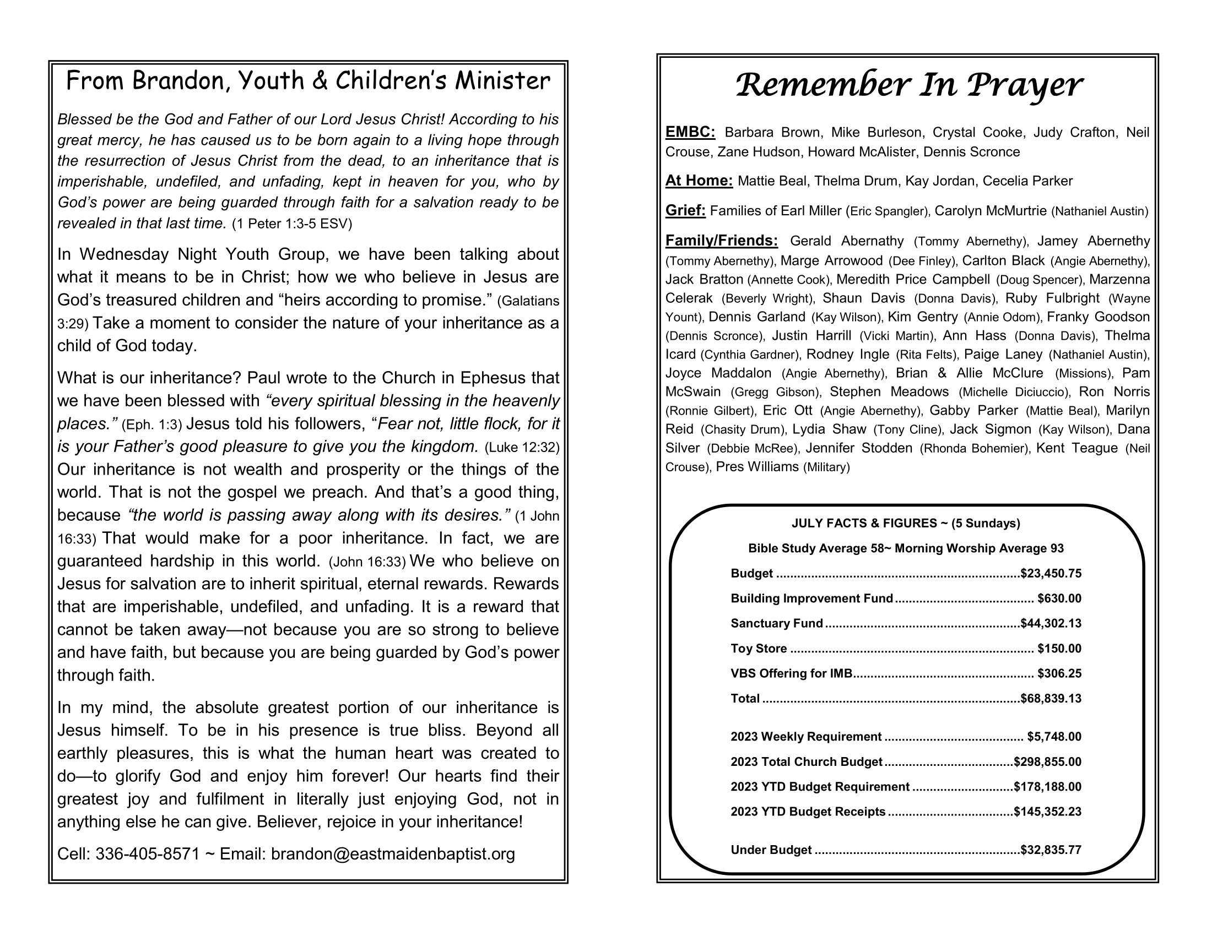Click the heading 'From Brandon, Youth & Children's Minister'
tap(308, 81)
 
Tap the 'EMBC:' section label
tap(690, 132)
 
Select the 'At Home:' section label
tap(699, 181)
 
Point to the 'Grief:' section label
tap(685, 211)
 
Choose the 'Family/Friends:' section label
tap(722, 241)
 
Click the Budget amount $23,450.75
tap(1051, 573)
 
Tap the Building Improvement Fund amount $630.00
tap(1059, 598)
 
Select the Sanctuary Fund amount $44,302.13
tap(1051, 623)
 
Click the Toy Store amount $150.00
tap(1059, 648)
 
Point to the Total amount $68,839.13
tap(1051, 698)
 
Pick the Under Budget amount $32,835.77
tap(1051, 850)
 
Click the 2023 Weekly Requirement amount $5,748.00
tap(1054, 736)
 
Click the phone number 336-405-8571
tap(147, 854)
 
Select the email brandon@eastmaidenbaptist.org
tap(393, 854)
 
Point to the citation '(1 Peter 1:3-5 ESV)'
tap(292, 224)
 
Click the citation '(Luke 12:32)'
tap(522, 447)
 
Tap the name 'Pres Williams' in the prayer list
tap(757, 467)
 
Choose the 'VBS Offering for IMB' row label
tap(791, 673)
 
